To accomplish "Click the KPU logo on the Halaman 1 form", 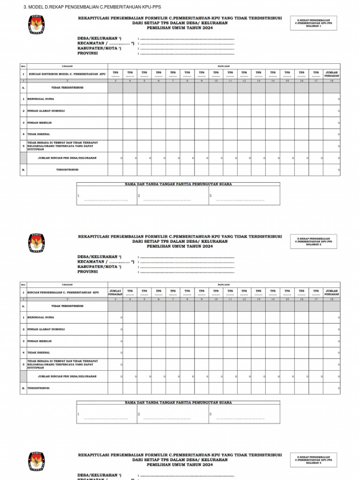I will click(37, 25).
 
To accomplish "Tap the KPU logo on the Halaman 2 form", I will click(37, 243).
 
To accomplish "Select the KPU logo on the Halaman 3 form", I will click(37, 461).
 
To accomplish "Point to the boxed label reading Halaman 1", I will click(313, 23).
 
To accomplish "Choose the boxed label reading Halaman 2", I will click(313, 241).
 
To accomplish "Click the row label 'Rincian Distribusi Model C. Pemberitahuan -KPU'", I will click(67, 74).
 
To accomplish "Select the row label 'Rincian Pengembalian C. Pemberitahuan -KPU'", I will click(63, 292).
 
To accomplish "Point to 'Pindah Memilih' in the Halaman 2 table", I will click(39, 341).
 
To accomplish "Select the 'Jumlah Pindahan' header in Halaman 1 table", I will click(331, 74).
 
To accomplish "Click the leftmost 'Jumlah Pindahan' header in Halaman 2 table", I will click(115, 292).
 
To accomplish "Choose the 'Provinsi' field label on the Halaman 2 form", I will click(88, 271).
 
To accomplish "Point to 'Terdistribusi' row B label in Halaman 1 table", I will click(67, 170).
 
